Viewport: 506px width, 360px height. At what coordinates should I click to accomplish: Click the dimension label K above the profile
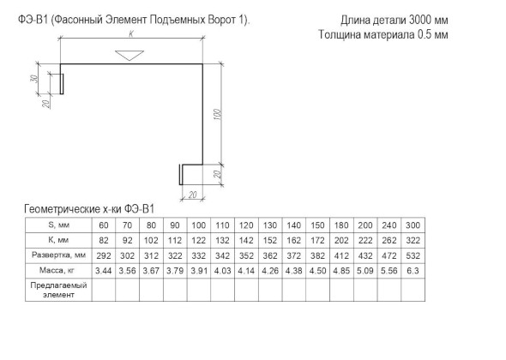131,34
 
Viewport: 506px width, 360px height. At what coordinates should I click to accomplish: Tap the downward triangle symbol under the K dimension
130,55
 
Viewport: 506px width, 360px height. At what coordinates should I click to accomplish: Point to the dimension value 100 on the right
217,115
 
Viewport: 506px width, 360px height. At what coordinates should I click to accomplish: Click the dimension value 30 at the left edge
34,78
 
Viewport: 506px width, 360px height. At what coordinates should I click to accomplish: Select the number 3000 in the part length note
420,21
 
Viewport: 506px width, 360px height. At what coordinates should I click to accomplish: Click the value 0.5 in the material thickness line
425,34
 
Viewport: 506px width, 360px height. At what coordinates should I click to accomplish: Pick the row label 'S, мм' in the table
58,225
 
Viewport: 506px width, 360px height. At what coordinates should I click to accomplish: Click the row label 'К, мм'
58,240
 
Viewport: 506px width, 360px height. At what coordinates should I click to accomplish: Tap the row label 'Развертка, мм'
58,255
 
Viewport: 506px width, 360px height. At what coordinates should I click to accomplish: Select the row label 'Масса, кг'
57,270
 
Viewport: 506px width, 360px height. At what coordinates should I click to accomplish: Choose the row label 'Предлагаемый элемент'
58,290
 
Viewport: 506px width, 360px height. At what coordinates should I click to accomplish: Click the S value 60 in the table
104,225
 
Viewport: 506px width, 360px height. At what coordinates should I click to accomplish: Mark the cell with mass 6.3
413,271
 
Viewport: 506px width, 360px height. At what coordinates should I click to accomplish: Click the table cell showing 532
413,255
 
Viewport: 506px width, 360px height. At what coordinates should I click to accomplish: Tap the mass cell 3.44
104,271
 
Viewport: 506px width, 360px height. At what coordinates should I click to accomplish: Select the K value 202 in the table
341,240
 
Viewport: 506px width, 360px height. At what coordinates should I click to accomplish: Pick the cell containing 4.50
317,271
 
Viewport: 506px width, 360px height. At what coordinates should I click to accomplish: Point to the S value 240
389,225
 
